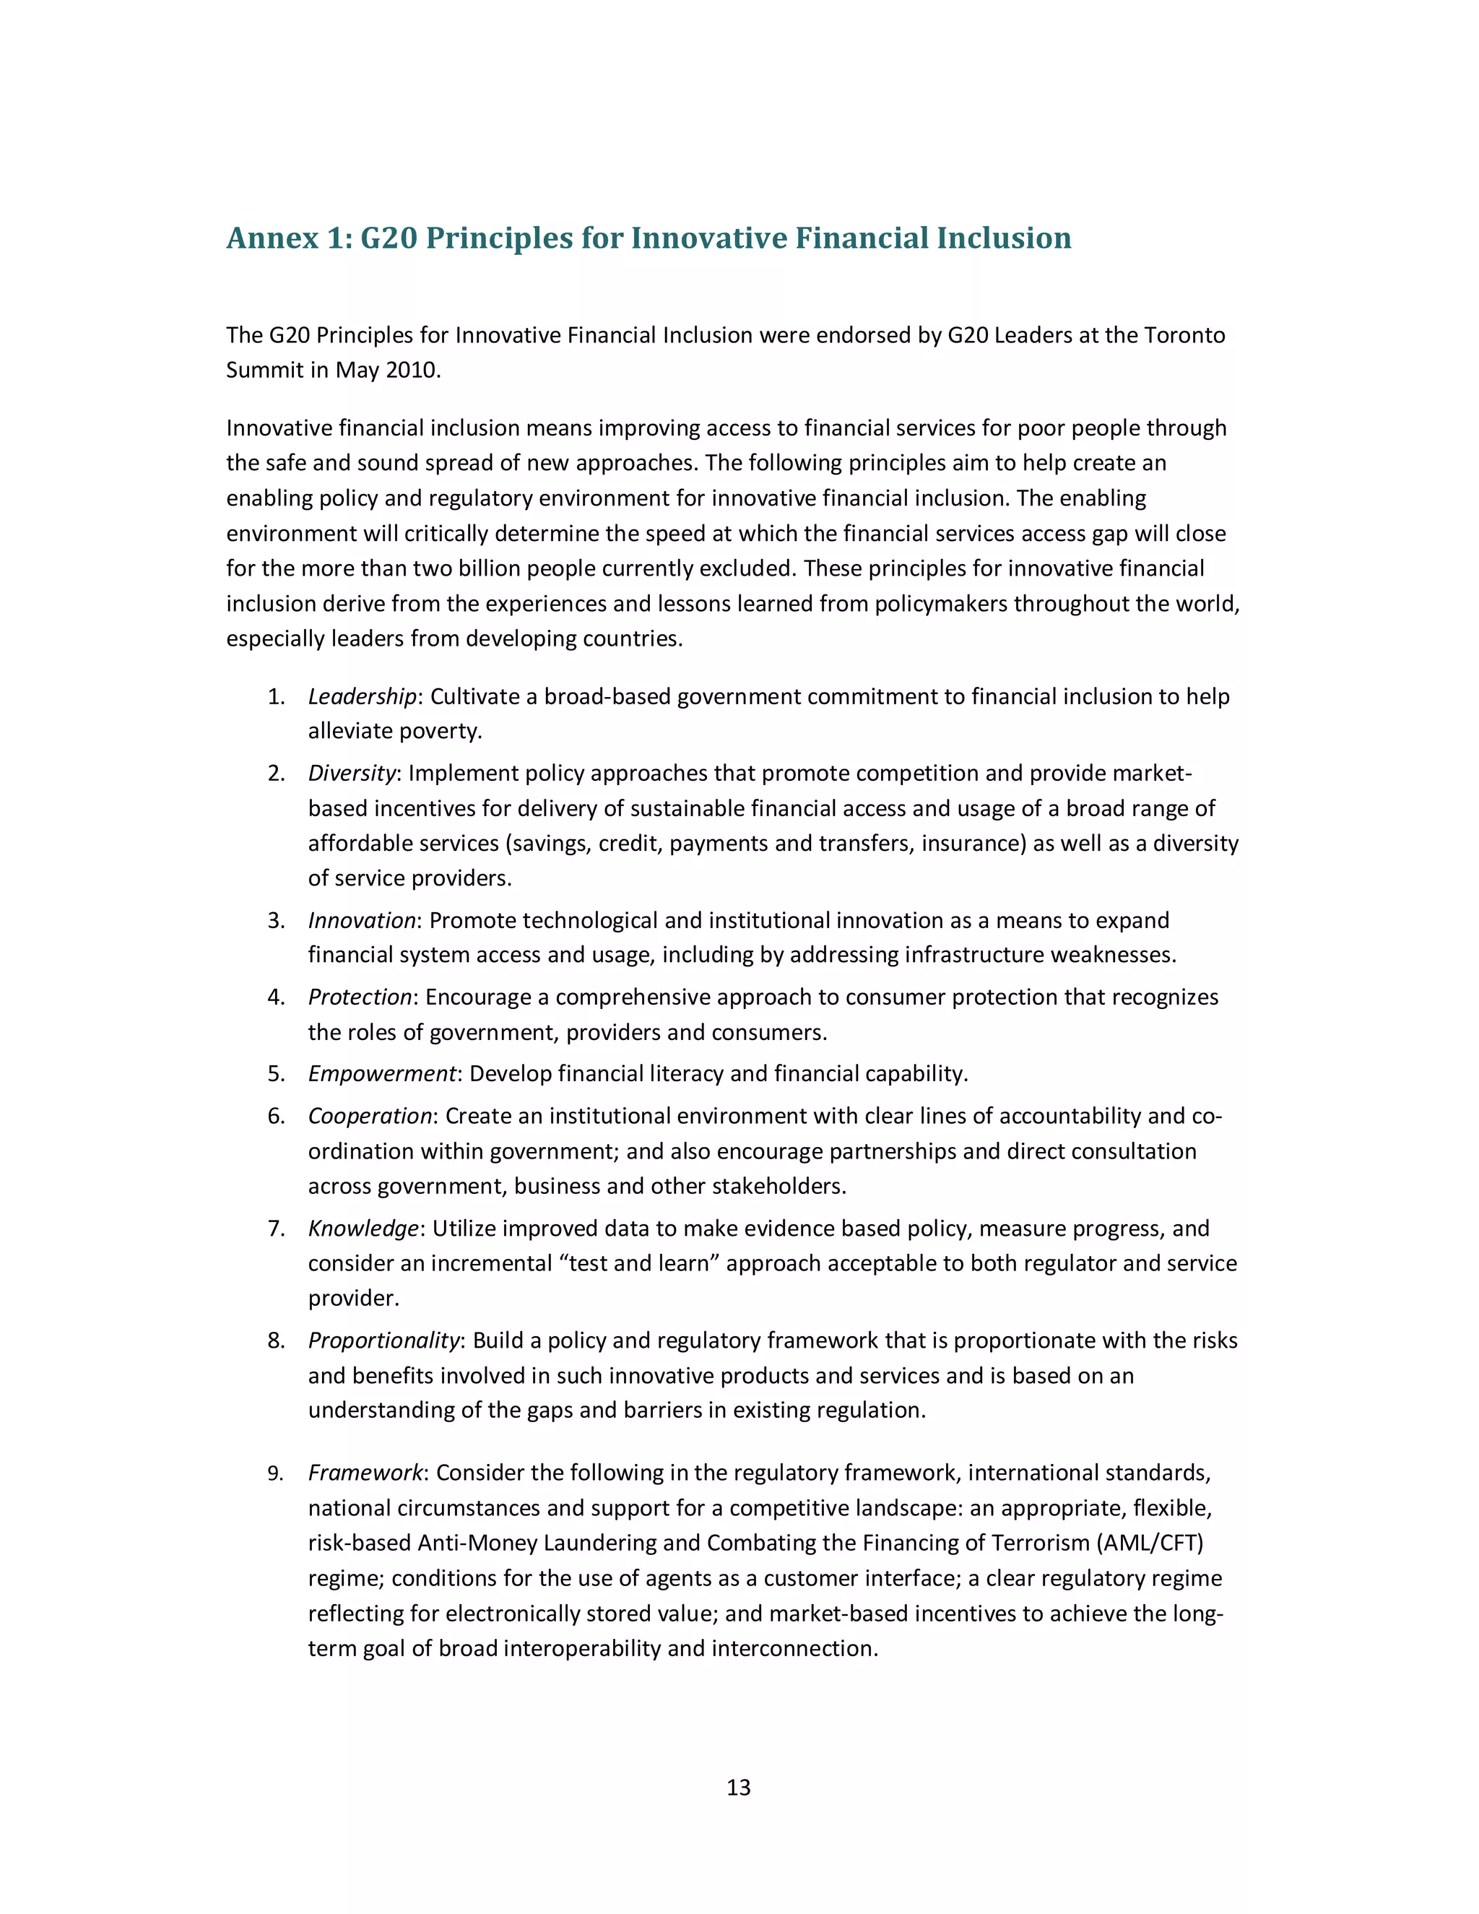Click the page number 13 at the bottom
point(739,1787)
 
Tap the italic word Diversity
point(352,773)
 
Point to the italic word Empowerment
point(382,1073)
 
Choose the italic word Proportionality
point(383,1340)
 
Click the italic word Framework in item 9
point(365,1473)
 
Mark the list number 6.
point(276,1116)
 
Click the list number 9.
point(276,1474)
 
